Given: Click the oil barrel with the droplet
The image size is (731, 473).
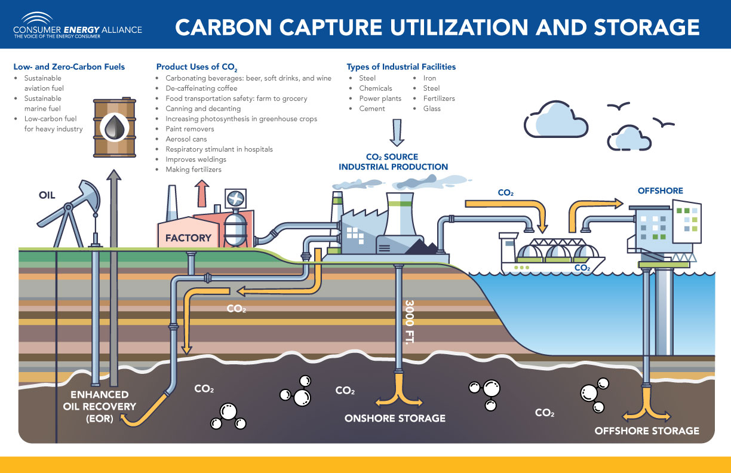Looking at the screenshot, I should [x=113, y=128].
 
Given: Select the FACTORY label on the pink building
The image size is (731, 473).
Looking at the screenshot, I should [x=189, y=238].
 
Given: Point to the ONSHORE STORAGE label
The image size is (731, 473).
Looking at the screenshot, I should [x=395, y=418].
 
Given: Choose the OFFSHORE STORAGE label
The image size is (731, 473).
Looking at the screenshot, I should [x=647, y=430].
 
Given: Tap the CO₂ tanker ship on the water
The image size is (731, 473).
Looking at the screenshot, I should [x=552, y=257].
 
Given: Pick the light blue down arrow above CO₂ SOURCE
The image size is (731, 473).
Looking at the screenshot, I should [x=397, y=133].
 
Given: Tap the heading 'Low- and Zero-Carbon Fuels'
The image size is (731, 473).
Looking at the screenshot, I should [x=69, y=67].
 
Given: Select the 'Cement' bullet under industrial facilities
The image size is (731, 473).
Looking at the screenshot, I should [x=371, y=109].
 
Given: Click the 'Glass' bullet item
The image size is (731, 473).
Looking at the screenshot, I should [x=431, y=109].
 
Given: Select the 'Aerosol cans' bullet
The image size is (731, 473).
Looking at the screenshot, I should [x=186, y=139].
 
